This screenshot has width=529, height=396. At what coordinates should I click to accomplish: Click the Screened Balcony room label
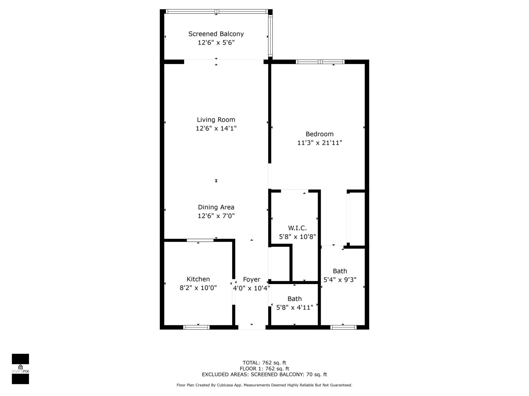[216, 34]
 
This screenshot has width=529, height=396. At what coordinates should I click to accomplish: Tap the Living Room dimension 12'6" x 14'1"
[216, 128]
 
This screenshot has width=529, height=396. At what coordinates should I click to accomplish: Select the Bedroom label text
[319, 134]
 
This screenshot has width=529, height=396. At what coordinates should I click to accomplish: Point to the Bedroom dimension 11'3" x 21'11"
[320, 143]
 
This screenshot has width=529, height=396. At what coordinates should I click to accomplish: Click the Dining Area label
[216, 207]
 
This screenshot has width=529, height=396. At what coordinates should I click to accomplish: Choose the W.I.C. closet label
[297, 228]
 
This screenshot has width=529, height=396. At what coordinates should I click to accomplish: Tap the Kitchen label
[198, 279]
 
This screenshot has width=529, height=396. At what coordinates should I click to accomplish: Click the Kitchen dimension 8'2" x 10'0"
[198, 288]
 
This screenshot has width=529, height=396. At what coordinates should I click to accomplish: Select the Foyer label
[251, 279]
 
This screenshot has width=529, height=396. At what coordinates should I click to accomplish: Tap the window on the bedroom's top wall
[320, 62]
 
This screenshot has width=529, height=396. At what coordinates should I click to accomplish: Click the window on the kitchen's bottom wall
[196, 327]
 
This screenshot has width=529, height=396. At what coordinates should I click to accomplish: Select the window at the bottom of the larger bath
[343, 327]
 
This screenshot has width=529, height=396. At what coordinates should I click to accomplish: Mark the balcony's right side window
[270, 36]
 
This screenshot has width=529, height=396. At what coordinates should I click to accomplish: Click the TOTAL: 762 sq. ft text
[264, 363]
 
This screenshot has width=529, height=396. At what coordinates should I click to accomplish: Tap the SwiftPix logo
[20, 369]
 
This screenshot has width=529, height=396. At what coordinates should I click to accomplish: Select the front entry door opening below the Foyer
[252, 327]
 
